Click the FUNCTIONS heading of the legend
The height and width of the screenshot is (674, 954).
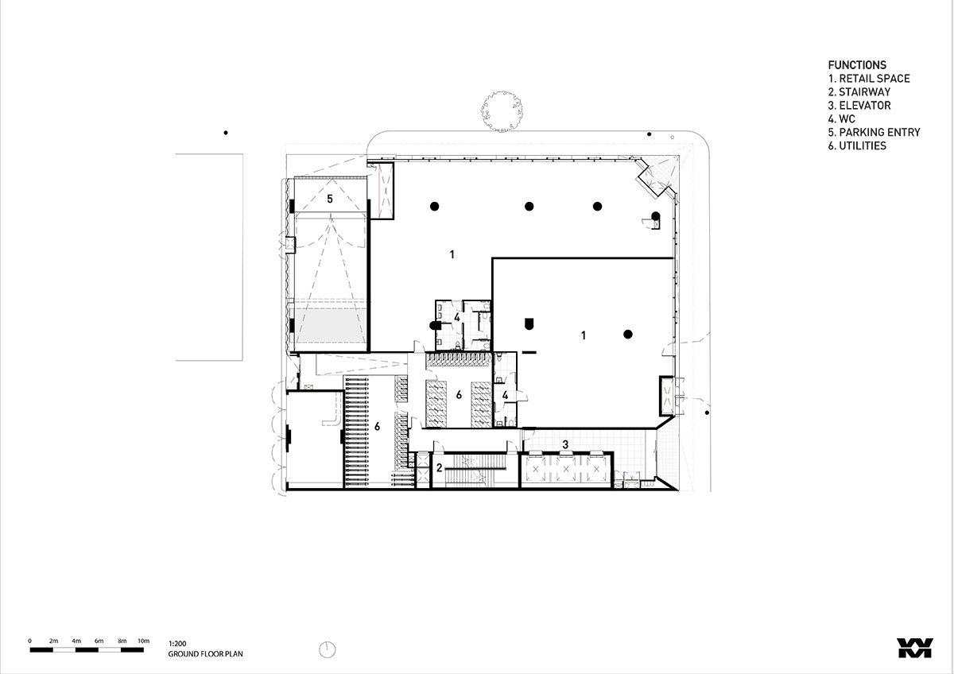pos(857,65)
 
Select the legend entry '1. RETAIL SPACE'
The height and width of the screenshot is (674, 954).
pos(869,79)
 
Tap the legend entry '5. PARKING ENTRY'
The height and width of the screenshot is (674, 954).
pos(874,133)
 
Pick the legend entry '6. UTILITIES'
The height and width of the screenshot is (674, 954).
pos(857,145)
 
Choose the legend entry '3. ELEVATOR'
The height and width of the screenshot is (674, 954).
pos(859,106)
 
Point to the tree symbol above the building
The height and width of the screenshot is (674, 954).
pos(502,111)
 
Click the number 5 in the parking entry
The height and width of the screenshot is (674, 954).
pos(330,199)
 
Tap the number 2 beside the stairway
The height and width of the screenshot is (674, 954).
pos(439,468)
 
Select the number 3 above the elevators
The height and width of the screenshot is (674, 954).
pos(565,444)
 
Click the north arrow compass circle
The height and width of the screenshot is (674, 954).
pos(327,649)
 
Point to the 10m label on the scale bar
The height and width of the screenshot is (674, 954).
pos(144,641)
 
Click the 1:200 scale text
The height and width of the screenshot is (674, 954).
pos(177,644)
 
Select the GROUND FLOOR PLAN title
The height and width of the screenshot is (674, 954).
pos(205,654)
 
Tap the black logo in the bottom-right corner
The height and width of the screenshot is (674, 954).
pos(915,648)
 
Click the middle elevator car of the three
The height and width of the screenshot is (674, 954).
pos(565,469)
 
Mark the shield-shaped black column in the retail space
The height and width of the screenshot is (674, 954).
pos(529,323)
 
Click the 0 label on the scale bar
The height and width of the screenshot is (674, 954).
pos(30,641)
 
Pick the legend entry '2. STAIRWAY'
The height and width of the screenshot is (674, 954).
pos(859,92)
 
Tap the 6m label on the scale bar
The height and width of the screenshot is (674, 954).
pos(99,641)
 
